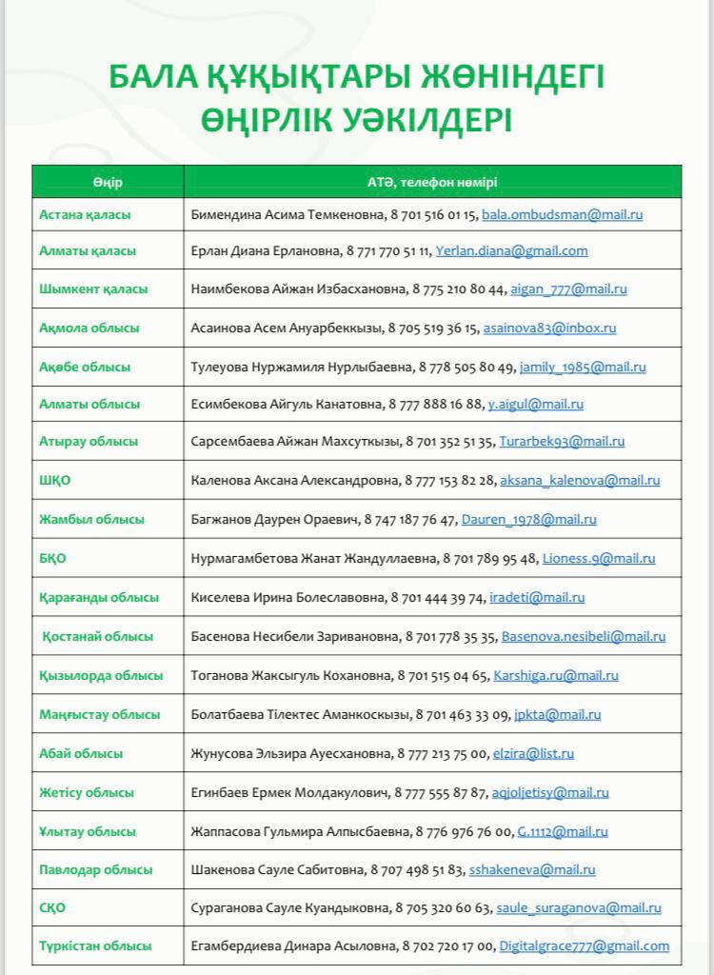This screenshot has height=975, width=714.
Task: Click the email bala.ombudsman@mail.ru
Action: [x=562, y=215]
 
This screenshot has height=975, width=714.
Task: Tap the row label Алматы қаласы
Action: [x=88, y=251]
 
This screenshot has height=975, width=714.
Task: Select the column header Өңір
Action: [x=108, y=182]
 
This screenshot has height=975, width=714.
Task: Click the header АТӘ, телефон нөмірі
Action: [x=432, y=182]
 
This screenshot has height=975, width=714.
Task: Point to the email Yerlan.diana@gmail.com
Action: [x=511, y=251]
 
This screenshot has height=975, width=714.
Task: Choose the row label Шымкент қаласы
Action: [x=93, y=289]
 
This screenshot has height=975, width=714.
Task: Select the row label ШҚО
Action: [x=54, y=481]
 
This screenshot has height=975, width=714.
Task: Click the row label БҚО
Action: [x=52, y=559]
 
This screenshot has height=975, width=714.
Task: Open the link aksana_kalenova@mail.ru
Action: [x=579, y=481]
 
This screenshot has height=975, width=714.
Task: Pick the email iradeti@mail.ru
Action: [x=537, y=598]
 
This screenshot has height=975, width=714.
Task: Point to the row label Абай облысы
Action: [x=81, y=753]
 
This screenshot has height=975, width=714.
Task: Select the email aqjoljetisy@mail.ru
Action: [x=550, y=792]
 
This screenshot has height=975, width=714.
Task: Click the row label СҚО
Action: [x=52, y=908]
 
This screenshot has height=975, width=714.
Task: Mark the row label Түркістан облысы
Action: [x=95, y=946]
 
